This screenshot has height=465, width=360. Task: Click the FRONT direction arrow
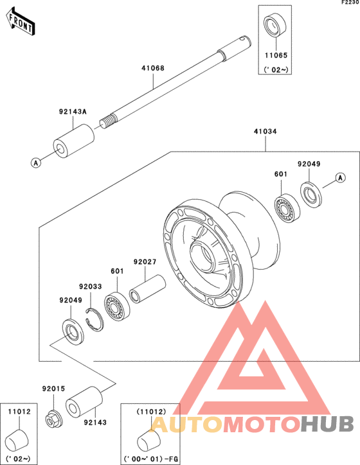pos(20,22)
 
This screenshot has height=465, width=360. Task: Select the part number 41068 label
pos(153,68)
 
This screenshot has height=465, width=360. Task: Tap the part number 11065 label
pos(276,55)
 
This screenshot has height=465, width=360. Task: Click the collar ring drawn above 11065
pos(275,24)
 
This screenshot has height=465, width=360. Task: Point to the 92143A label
pos(73,112)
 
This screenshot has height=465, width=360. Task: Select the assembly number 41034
pos(265,132)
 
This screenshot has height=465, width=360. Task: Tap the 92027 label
pos(145,262)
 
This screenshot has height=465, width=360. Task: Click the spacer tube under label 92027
pos(147,289)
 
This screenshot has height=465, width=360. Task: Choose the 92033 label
pos(90,286)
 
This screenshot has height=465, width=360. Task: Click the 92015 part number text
pos(53,389)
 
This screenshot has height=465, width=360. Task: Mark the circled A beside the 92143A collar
pos(36,162)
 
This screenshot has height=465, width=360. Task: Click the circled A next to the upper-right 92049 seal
pos(341,177)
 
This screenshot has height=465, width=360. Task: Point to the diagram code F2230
pos(350,3)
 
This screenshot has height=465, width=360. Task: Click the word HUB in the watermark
pos(327,424)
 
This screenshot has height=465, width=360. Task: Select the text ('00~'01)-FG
pos(151,459)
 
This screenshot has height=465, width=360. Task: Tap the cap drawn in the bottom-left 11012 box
pos(17,441)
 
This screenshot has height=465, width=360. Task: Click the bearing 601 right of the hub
pos(287,208)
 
